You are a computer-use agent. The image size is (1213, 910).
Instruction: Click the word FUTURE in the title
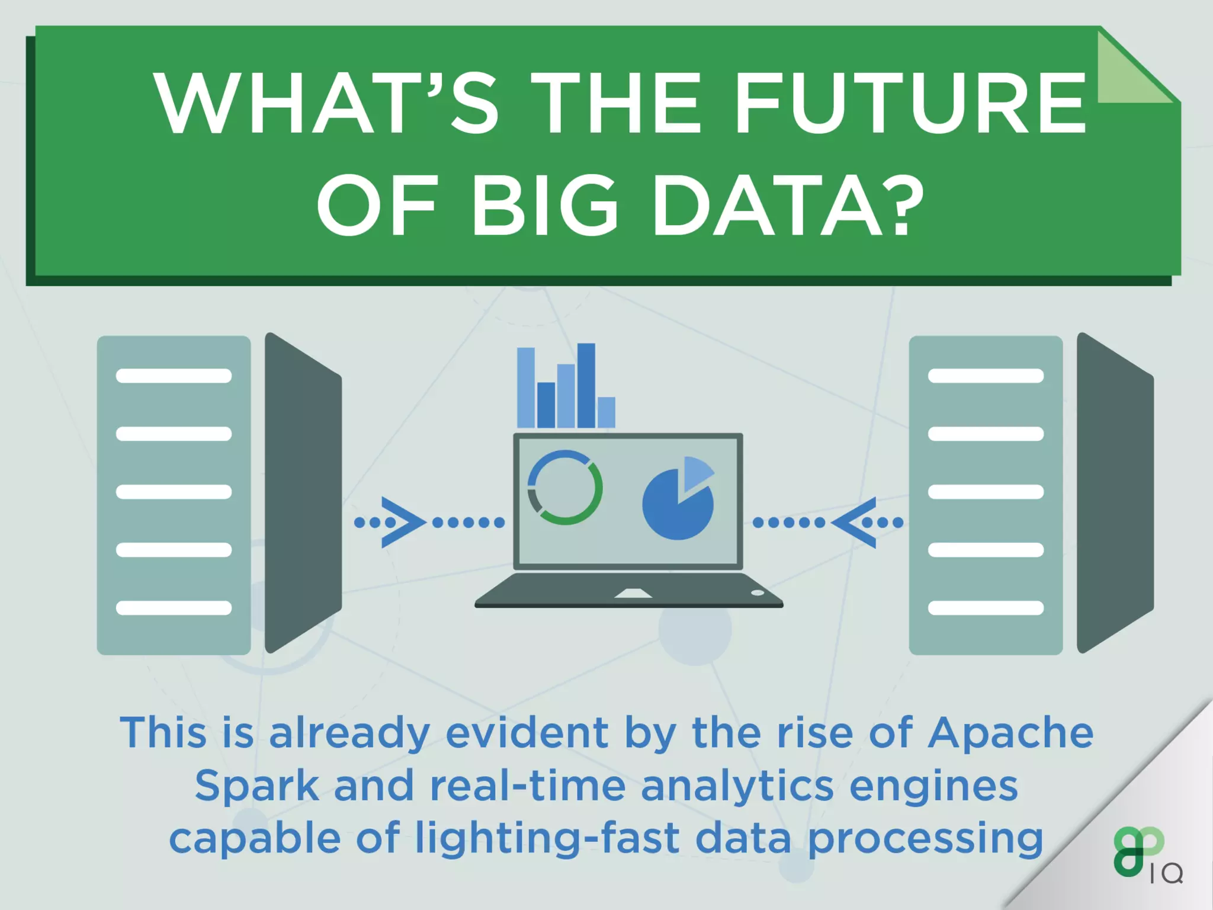[x=910, y=104]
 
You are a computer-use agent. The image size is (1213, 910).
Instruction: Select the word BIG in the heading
[x=544, y=204]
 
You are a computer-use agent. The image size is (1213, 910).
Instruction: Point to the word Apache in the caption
[x=1010, y=733]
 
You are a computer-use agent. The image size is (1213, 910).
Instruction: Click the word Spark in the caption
[x=257, y=786]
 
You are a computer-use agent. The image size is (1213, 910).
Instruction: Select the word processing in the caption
[x=925, y=839]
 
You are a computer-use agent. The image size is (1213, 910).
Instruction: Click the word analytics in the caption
[x=737, y=786]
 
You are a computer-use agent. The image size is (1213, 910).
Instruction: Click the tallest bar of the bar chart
[x=586, y=385]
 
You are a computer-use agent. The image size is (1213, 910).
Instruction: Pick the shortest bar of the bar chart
[x=606, y=412]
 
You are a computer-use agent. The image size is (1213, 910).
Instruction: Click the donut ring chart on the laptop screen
[x=565, y=488]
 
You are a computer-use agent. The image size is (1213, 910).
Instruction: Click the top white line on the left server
[x=174, y=376]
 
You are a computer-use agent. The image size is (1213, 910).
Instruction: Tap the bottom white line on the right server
[x=986, y=608]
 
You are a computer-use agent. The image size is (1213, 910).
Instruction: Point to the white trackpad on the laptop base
[x=633, y=593]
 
